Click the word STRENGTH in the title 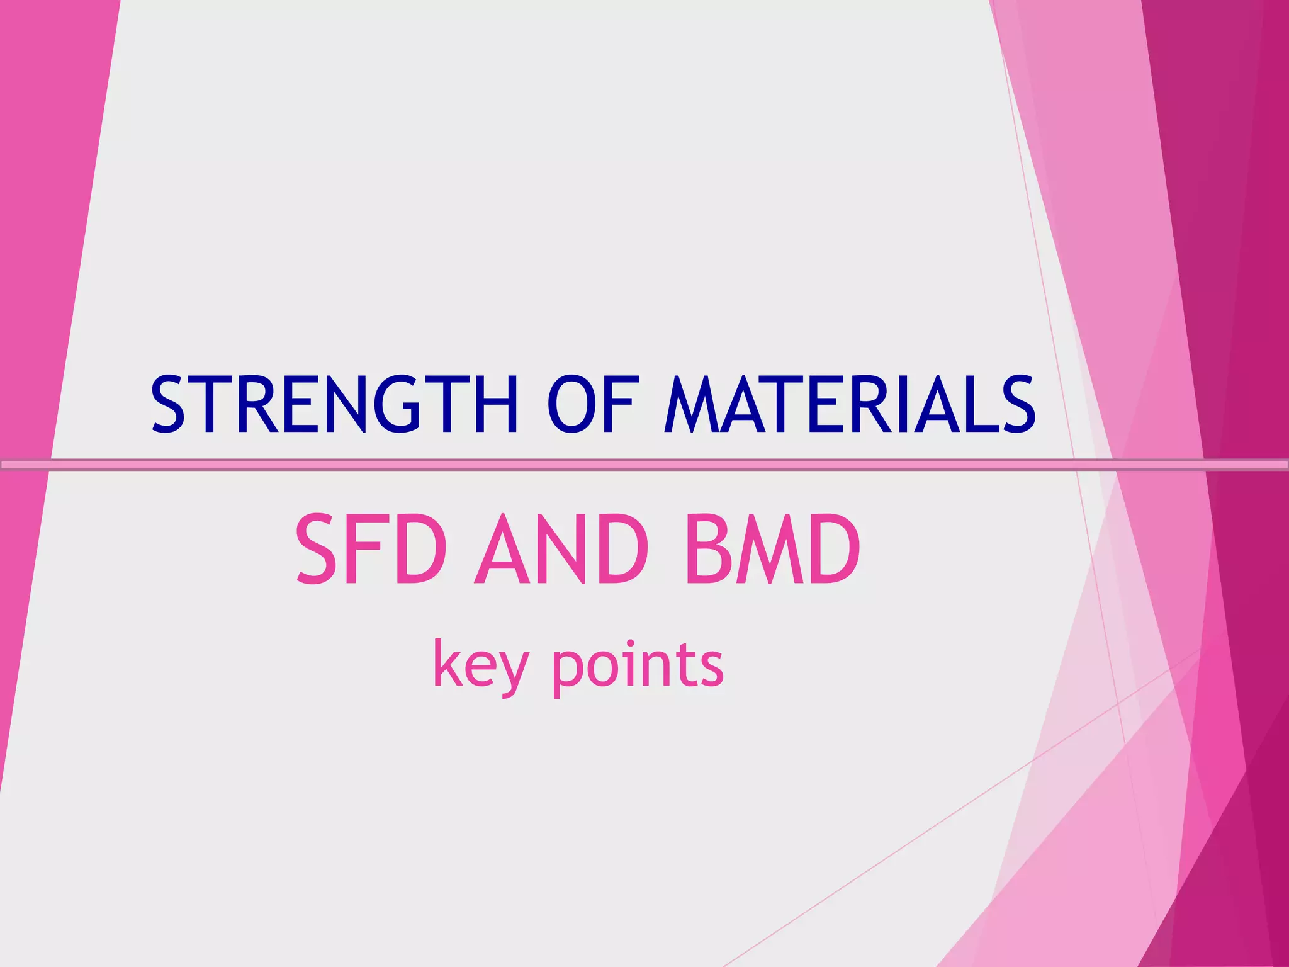[334, 404]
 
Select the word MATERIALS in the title [850, 404]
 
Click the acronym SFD [371, 548]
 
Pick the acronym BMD [774, 548]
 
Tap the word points [638, 665]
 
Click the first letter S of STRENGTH [169, 404]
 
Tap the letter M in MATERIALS [691, 404]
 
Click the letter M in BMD [769, 548]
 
